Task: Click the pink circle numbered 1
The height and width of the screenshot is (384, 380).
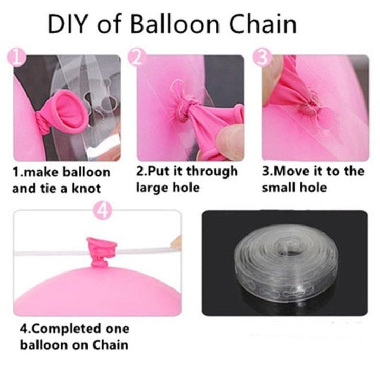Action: pos(16,57)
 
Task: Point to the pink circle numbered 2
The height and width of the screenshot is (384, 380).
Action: pos(137,57)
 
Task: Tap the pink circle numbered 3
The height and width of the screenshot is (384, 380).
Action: pos(263,57)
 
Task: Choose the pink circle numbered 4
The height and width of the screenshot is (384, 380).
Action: pos(103,211)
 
